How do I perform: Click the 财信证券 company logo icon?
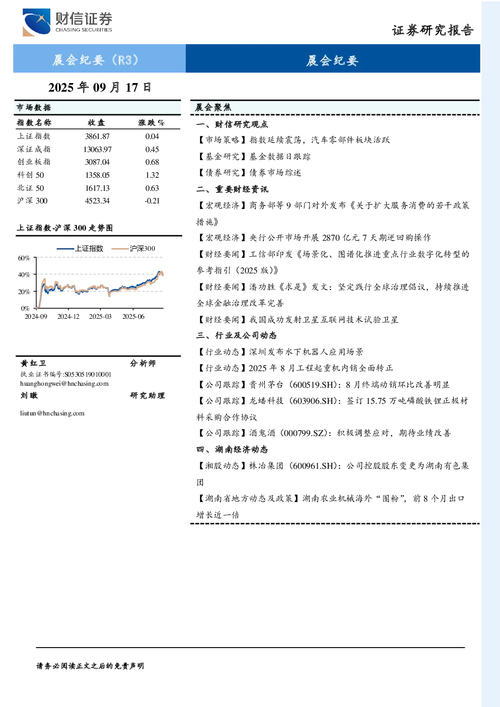[x=36, y=22]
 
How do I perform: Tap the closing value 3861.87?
[x=97, y=136]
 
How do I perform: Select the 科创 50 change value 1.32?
[x=152, y=175]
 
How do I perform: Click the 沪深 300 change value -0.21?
[x=152, y=201]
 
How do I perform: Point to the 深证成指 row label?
[x=34, y=149]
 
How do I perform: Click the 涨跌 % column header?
[x=151, y=122]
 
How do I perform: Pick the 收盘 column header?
[x=96, y=122]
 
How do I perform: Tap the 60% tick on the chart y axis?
[x=24, y=258]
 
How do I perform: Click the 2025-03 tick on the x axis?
[x=100, y=317]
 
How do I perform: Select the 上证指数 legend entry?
[x=80, y=249]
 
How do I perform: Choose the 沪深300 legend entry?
[x=133, y=249]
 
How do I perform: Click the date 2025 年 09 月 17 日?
[x=100, y=88]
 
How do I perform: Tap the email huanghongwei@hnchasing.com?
[x=64, y=384]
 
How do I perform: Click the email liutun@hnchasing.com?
[x=52, y=413]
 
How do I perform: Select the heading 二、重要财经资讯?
[x=232, y=189]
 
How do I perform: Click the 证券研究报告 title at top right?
[x=433, y=31]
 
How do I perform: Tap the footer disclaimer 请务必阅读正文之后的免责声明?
[x=90, y=666]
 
